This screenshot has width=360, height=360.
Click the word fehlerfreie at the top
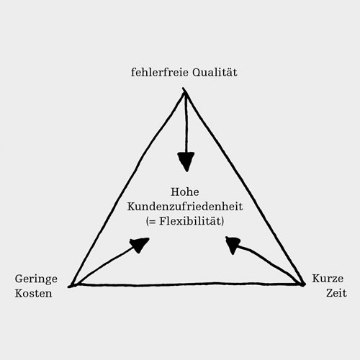[160, 72]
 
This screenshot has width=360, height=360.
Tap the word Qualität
[215, 73]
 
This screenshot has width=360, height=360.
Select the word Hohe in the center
[185, 192]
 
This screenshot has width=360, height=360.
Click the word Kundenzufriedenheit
[185, 206]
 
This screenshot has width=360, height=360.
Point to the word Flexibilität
[190, 221]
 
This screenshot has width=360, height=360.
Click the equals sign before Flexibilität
[152, 222]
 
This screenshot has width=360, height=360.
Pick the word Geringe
[36, 279]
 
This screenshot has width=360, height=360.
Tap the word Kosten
[33, 293]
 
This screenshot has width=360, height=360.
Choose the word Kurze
[328, 279]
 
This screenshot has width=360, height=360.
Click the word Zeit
[336, 293]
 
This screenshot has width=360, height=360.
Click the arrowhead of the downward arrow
[186, 161]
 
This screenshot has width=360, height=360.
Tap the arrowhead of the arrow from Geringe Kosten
[140, 245]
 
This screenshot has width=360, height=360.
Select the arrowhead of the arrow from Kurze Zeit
[233, 244]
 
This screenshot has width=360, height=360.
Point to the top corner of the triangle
[184, 89]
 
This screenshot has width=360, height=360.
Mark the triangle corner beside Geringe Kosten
[70, 286]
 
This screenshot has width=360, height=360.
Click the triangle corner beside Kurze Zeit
[304, 284]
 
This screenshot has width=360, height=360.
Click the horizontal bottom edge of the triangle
[187, 284]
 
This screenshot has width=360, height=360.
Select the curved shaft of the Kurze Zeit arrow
[266, 259]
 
